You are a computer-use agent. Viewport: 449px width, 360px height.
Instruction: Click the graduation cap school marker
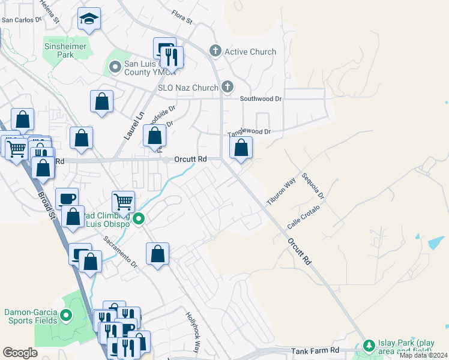point(89,20)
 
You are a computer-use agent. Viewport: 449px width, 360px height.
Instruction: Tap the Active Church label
point(250,52)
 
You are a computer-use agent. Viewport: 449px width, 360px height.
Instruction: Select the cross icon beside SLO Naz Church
point(227,87)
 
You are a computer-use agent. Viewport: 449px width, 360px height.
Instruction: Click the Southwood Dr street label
point(261,98)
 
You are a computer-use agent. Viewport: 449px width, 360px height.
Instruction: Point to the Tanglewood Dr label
point(249,132)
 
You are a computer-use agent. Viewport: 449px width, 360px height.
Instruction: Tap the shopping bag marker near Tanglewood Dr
point(241,148)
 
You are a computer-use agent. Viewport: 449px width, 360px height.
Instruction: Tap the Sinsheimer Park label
point(66,50)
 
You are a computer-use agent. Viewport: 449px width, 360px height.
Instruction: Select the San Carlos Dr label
point(21,19)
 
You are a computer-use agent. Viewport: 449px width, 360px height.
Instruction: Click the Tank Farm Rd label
point(315,350)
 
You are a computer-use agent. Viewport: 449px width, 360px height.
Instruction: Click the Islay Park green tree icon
point(367,346)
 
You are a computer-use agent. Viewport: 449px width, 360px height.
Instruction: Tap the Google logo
point(20,353)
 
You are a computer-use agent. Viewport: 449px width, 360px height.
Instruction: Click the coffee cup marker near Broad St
point(67,199)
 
